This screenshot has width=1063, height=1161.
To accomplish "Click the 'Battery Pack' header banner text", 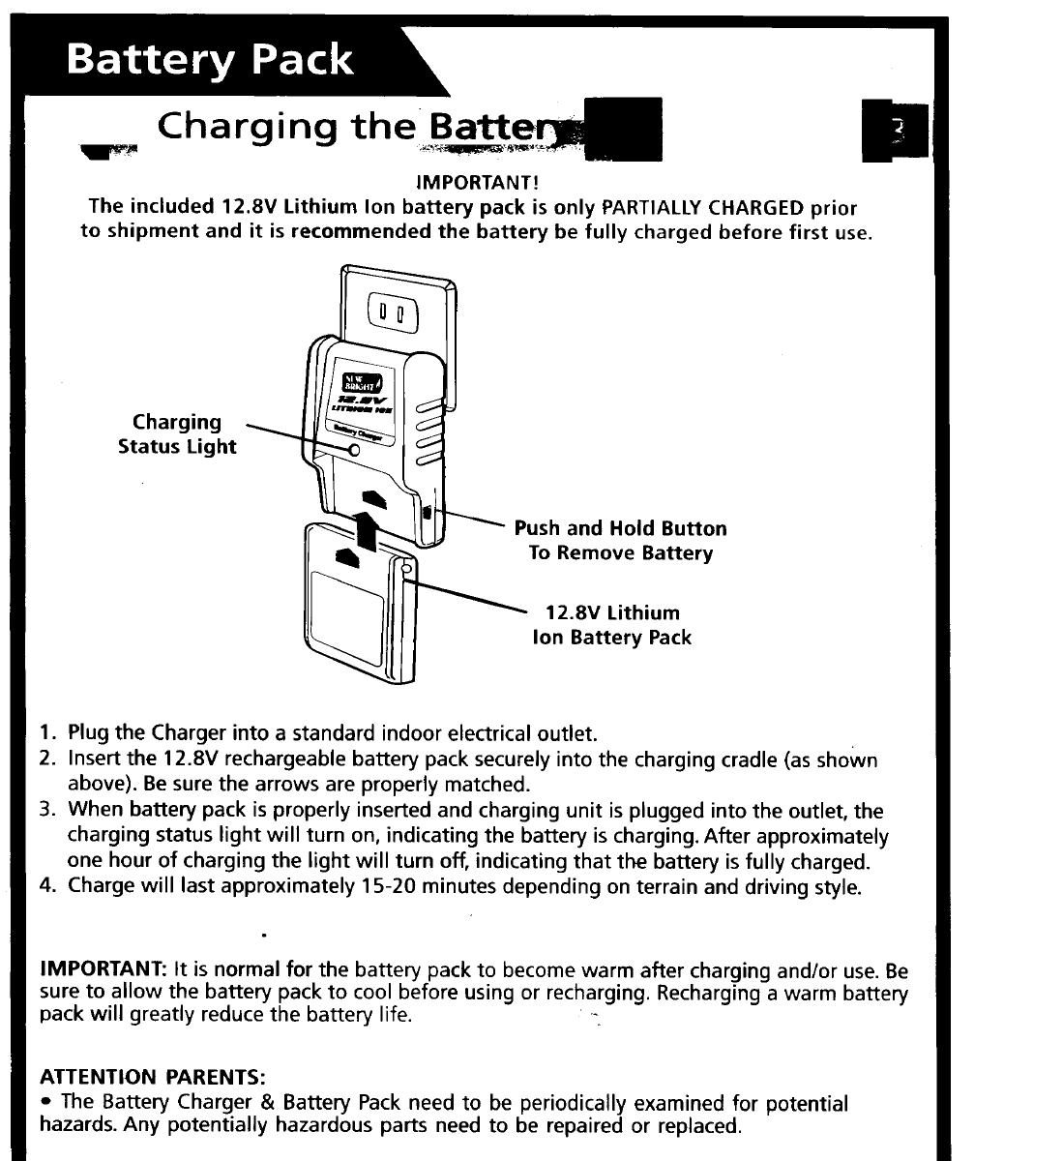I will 210,61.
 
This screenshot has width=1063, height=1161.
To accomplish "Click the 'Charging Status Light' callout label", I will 177,434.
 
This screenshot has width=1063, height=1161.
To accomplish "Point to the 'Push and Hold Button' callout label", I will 620,528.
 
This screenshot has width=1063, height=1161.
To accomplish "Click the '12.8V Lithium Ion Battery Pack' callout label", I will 612,625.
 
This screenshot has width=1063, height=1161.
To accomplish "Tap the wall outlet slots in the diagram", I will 393,313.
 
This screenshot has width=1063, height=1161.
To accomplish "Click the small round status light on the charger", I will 354,448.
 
